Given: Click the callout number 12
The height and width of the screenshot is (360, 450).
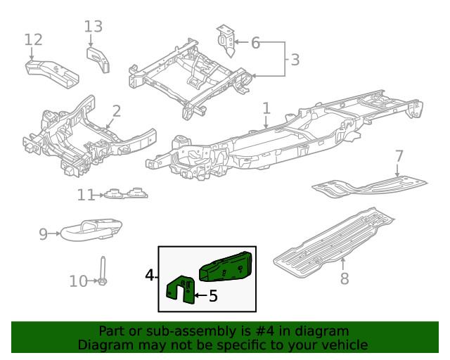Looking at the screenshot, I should coord(33,39).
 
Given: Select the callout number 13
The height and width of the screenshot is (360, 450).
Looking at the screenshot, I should coord(94,27).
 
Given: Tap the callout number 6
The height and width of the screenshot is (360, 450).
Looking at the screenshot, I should coord(255,43).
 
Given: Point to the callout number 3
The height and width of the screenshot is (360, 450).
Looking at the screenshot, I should coord(295,60).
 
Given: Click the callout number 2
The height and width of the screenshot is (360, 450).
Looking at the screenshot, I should coord(116,111).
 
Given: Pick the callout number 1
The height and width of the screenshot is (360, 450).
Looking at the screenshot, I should coord(266,108).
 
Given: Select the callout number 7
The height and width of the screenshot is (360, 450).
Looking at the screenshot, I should coord(399,155).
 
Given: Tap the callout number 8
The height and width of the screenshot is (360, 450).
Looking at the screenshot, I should coord(344,278).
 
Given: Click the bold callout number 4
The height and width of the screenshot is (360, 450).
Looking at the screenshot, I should coord(149,275).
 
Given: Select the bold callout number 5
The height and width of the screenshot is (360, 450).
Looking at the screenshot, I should coord(213,297).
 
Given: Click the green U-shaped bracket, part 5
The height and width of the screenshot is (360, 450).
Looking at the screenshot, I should coord(181,292).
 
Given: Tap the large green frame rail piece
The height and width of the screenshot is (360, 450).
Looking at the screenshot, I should coord(226,268).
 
